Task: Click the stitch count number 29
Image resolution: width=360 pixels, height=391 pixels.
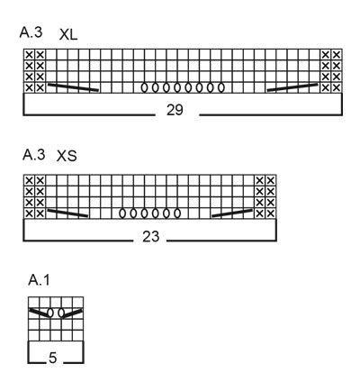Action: pos(175,110)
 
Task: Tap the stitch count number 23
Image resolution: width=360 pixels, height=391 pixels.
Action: pos(150,237)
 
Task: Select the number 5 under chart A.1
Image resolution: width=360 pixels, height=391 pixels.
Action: pos(52,358)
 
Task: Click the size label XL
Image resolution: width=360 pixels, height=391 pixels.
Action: pos(68,35)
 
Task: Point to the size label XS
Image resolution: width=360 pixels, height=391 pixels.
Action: pos(67,156)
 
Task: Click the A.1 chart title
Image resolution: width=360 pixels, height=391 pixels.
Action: pos(39,280)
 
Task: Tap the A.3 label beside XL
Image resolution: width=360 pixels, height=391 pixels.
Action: pos(31,32)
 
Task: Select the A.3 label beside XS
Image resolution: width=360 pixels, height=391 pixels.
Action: pos(34,155)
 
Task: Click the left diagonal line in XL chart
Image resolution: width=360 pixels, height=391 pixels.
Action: pos(73,86)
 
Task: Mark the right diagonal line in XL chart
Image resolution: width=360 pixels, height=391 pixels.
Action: pos(292,87)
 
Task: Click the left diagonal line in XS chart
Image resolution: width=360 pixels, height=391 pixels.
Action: pos(67,213)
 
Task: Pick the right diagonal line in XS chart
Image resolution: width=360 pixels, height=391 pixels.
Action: pos(232,213)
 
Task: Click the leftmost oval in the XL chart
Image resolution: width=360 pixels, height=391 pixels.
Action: pos(144,87)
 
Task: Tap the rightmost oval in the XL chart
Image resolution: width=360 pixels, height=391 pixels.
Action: pos(221,87)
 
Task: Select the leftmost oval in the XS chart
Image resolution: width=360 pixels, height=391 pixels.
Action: pos(122,214)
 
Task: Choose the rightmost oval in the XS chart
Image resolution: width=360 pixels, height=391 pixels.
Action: pos(177,214)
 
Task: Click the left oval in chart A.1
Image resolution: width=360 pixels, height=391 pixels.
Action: pos(50,313)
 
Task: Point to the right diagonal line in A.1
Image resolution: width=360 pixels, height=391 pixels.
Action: pos(72,313)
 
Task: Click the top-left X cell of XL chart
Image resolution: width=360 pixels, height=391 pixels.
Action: pos(29,55)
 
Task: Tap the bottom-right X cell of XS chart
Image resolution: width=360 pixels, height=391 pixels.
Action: pos(271,214)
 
